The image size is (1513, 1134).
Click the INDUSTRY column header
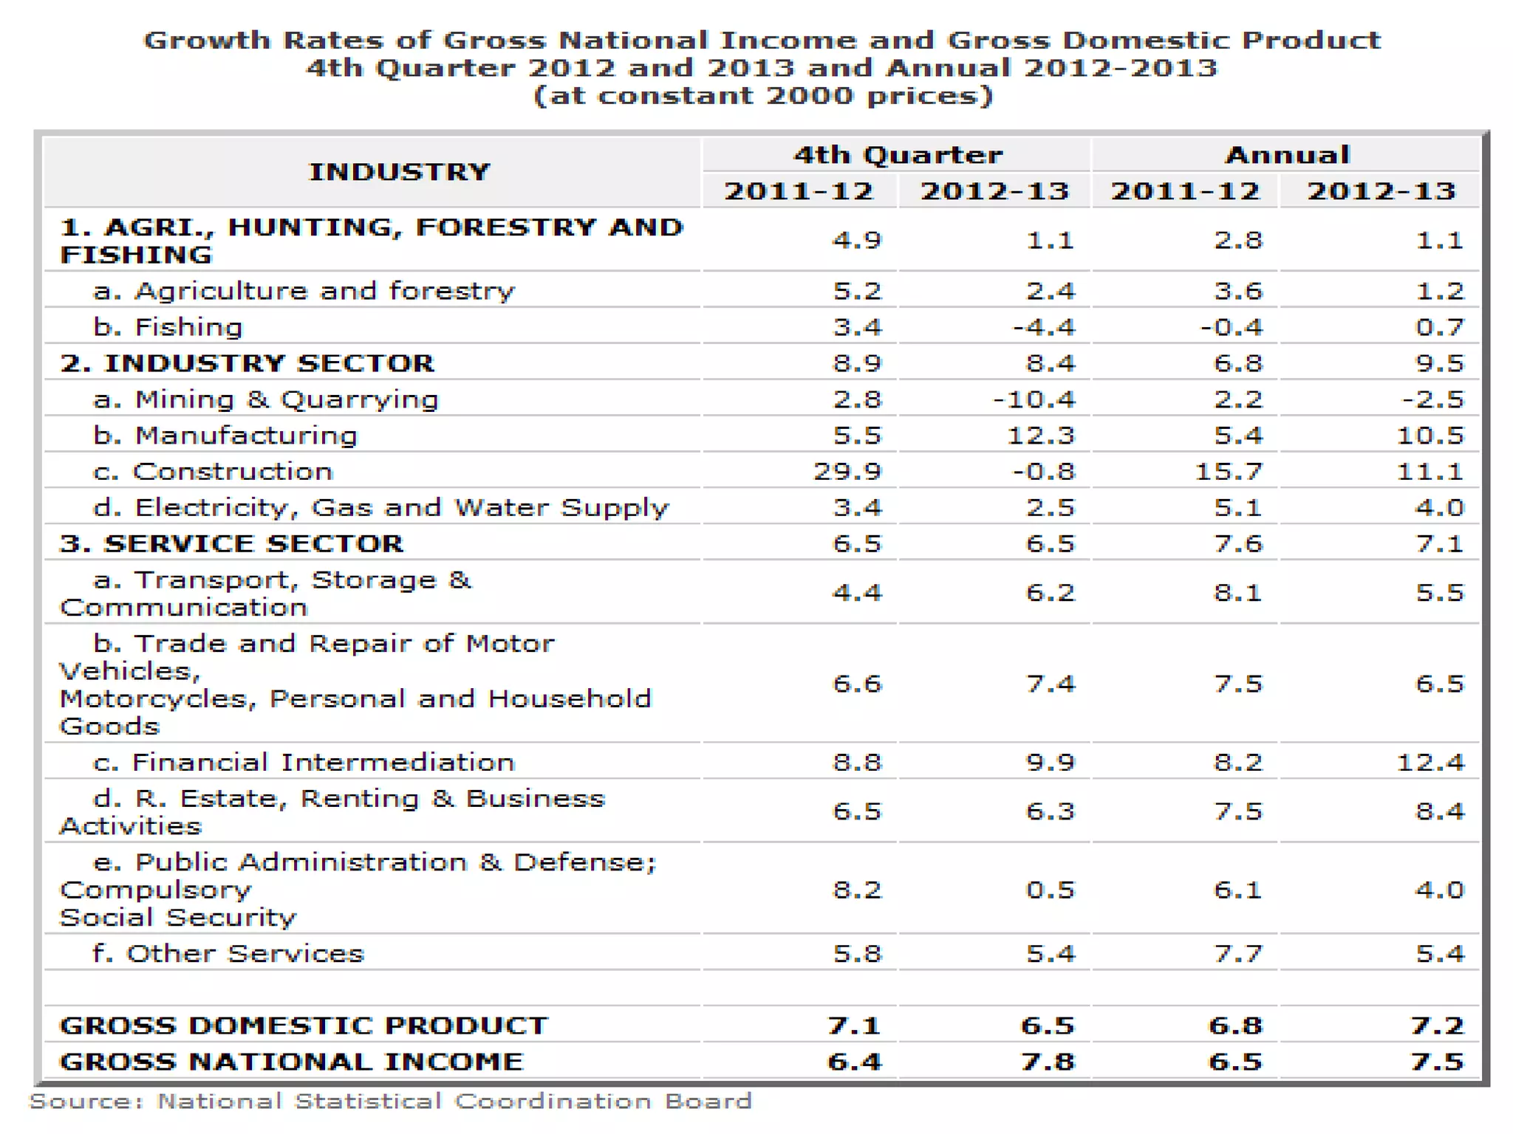click(x=399, y=172)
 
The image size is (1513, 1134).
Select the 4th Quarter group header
click(x=898, y=155)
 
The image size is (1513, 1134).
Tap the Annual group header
click(x=1287, y=155)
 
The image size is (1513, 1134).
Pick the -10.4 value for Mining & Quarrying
click(x=1034, y=399)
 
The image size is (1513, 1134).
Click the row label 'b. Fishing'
click(x=168, y=327)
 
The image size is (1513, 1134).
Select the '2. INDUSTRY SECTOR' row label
click(x=247, y=363)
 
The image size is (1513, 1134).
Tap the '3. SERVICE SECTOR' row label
click(x=231, y=543)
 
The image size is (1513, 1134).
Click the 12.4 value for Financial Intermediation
click(x=1430, y=762)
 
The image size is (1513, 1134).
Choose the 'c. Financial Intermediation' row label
click(x=304, y=762)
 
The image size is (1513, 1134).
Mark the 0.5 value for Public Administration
click(x=1050, y=890)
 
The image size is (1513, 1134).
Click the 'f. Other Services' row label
click(x=228, y=953)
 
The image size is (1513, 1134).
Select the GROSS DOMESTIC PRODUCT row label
click(x=304, y=1025)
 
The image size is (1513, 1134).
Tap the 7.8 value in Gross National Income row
click(x=1048, y=1062)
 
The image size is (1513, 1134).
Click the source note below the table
click(x=390, y=1102)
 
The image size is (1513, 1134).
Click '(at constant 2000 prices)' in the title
click(x=762, y=96)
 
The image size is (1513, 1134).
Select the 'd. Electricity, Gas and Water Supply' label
click(x=380, y=507)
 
